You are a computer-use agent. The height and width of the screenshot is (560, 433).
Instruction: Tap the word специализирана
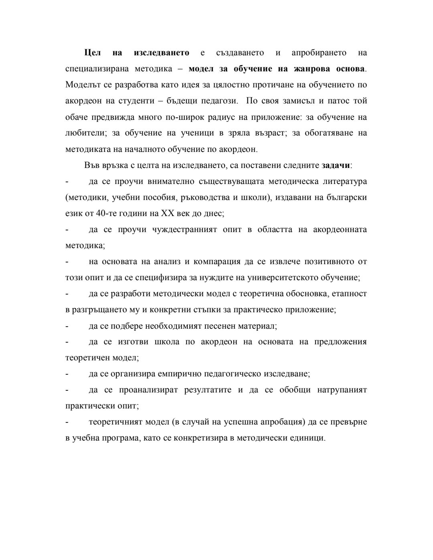click(x=97, y=69)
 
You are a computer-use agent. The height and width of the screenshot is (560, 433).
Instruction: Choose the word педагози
click(x=219, y=101)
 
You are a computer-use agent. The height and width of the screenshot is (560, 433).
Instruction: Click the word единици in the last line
click(x=308, y=438)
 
